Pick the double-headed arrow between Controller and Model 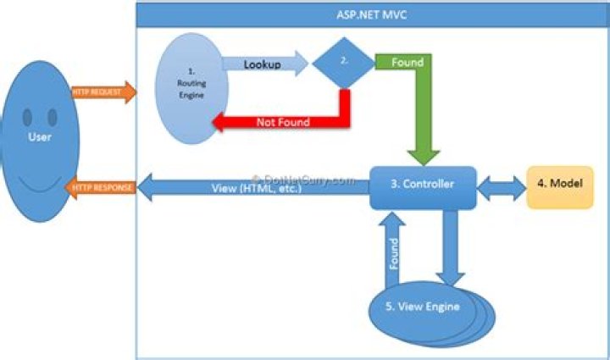[502, 186]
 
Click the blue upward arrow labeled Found [393, 251]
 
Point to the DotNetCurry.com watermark [301, 179]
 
